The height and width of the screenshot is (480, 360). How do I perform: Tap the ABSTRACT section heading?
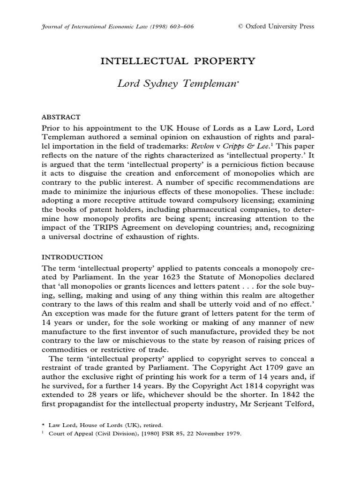(x=61, y=117)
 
